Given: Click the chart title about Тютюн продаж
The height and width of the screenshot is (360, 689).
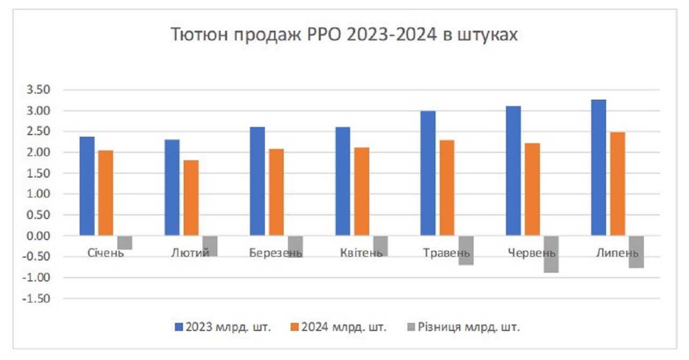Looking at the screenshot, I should point(344,34).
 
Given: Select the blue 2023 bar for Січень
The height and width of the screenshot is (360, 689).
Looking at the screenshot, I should point(87,186).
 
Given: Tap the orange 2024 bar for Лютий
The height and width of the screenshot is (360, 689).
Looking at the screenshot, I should point(191,198).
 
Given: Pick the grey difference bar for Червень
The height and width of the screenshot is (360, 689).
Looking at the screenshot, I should point(551,254).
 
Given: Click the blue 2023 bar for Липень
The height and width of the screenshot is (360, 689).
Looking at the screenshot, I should point(599,167).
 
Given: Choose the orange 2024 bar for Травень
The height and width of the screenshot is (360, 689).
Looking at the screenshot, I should point(447,188).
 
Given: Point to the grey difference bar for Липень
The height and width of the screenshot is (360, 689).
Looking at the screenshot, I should point(636,252).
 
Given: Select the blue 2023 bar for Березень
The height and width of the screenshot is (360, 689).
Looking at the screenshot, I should point(257,181).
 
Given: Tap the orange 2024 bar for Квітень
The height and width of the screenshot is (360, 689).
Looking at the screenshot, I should point(362,192).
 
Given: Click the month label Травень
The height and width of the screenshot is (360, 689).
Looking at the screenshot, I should point(446,253).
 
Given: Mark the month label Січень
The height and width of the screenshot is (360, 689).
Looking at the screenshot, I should point(106,253).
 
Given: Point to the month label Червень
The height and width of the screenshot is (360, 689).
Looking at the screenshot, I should point(532,253).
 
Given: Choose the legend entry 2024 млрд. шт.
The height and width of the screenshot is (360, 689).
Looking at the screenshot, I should point(338,327).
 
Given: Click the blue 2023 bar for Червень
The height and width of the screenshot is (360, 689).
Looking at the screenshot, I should point(514,171).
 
